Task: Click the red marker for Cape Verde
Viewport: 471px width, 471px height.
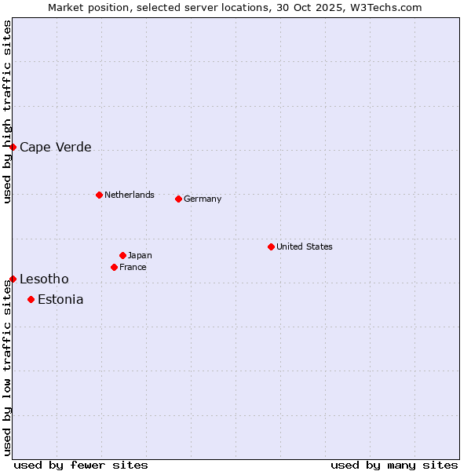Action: point(13,147)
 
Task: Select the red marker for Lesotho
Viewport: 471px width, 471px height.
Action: point(13,279)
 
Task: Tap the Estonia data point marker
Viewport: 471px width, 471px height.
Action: point(31,299)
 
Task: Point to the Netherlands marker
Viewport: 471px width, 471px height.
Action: point(99,195)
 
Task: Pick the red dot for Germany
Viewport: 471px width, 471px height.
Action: point(178,199)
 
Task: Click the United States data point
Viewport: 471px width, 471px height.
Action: point(271,246)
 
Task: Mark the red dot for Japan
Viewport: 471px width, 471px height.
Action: point(122,255)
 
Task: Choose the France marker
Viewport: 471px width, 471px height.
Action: point(114,267)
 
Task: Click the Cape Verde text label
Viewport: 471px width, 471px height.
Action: point(55,147)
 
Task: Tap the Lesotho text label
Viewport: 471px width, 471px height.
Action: point(44,279)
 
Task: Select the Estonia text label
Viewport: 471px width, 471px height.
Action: point(60,299)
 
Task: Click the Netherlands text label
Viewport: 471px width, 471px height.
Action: point(130,195)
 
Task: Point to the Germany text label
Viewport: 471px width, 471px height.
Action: point(203,199)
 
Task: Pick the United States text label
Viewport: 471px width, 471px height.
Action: point(305,246)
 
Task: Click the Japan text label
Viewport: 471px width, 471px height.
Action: point(140,255)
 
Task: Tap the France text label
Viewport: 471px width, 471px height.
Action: point(133,267)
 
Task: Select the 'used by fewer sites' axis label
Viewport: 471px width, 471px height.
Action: point(81,465)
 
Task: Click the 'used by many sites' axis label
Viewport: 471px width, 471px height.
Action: point(394,465)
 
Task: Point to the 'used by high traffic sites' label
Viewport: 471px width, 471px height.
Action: point(7,111)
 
